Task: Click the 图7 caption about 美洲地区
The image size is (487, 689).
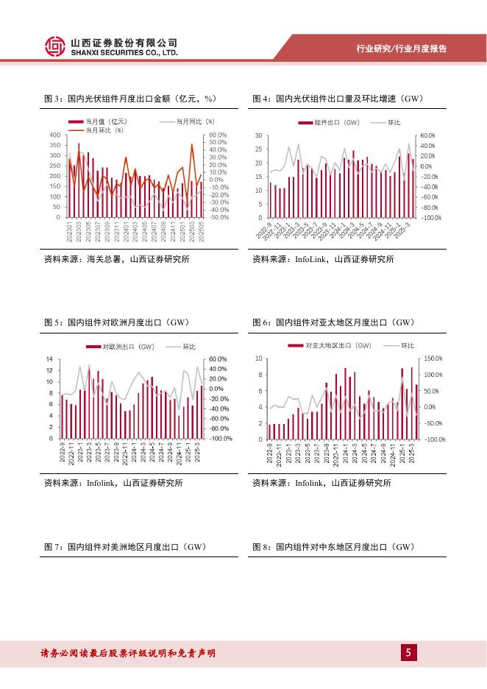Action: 124,547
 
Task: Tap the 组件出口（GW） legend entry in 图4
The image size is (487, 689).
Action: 337,121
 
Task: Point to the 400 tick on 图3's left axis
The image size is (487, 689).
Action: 55,135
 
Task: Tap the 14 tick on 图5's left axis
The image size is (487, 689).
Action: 49,359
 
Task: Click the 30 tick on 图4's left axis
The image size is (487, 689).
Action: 258,136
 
